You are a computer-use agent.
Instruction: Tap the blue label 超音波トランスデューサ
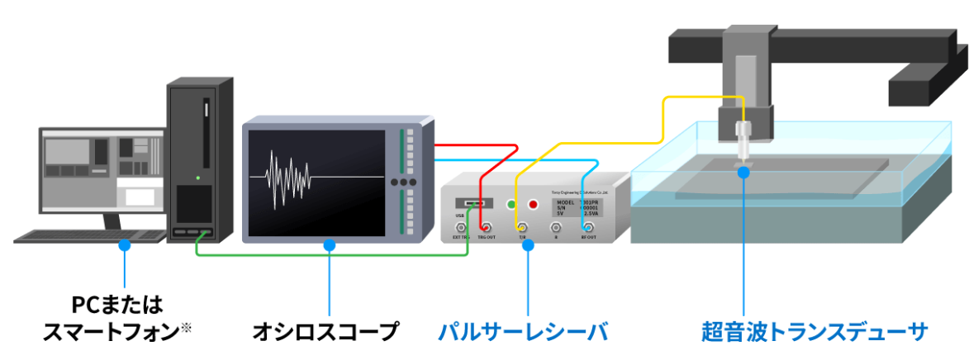click(x=814, y=332)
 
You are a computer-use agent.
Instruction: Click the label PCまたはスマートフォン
click(x=123, y=319)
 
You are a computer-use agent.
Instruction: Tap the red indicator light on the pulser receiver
click(x=533, y=204)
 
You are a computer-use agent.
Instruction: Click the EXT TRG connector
click(x=458, y=228)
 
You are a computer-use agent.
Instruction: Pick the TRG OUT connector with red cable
click(x=487, y=228)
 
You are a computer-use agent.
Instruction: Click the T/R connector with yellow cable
click(x=523, y=228)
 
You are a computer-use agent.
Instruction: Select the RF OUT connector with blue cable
click(x=587, y=228)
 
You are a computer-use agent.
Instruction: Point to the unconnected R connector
click(x=555, y=228)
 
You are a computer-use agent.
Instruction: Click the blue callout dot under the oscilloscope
click(x=330, y=245)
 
